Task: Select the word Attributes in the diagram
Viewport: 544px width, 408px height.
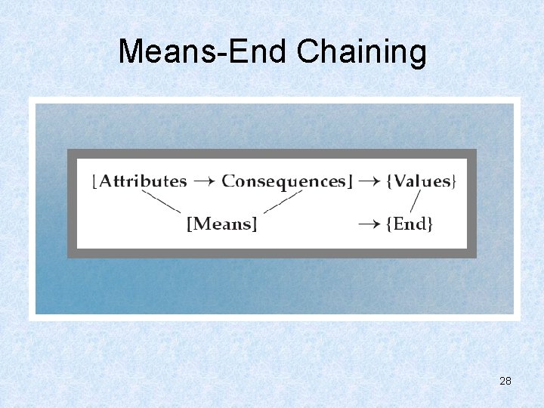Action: (143, 181)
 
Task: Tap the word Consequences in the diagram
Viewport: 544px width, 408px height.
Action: (283, 181)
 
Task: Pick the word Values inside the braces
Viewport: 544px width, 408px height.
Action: (422, 181)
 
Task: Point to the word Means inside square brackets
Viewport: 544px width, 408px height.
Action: (222, 224)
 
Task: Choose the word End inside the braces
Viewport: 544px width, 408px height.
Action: (410, 224)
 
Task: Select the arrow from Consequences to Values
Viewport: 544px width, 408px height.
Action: (369, 181)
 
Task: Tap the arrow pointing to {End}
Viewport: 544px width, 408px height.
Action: (369, 224)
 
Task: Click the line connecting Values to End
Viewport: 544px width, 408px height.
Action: (415, 201)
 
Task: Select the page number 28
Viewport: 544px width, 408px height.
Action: (505, 381)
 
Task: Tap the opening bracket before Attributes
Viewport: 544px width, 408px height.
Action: (94, 181)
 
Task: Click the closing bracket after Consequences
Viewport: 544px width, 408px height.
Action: (349, 181)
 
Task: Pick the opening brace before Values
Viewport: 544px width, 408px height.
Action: (389, 181)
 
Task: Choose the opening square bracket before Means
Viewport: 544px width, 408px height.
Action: (190, 224)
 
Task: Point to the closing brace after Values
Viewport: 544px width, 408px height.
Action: (454, 181)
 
